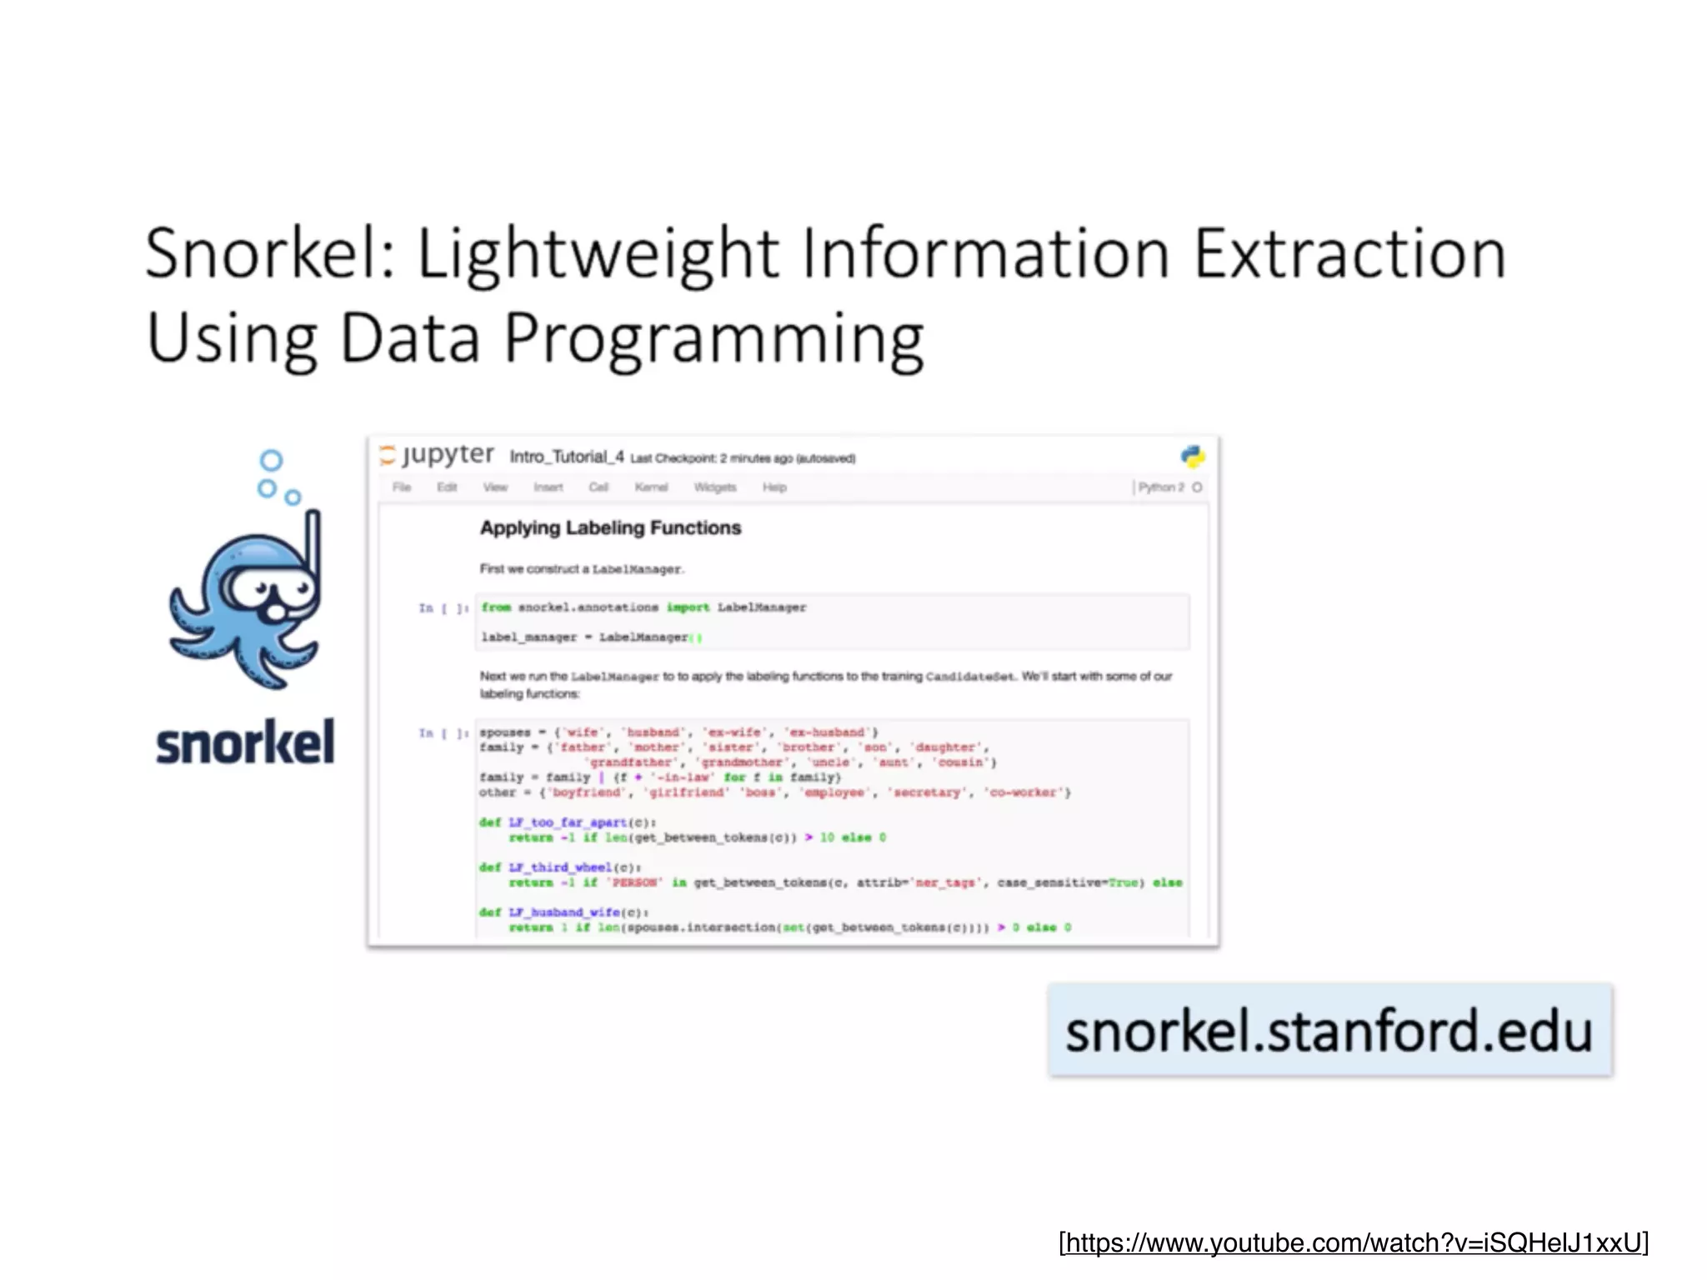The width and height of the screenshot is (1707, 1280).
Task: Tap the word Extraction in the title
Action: [x=1349, y=253]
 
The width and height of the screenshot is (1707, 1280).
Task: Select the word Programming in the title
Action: [x=714, y=339]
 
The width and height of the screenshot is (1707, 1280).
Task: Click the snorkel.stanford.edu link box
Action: [x=1329, y=1030]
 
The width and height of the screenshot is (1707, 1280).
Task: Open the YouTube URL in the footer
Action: [x=1354, y=1242]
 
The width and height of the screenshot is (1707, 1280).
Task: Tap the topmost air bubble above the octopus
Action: [x=271, y=460]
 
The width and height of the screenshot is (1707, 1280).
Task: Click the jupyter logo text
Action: [x=448, y=455]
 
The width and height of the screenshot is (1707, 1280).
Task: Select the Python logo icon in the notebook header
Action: [x=1193, y=456]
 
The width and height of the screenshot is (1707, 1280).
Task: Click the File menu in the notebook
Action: [x=402, y=487]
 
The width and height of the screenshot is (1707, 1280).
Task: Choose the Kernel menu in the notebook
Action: [x=651, y=487]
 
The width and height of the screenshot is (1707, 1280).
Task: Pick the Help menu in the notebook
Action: [x=774, y=487]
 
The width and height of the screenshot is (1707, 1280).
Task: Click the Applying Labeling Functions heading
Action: [x=610, y=527]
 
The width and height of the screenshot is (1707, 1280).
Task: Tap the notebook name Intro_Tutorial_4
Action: [x=567, y=457]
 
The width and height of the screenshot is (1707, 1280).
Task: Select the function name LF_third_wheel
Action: [x=560, y=867]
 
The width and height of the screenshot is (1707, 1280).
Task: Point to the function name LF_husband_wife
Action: [x=564, y=912]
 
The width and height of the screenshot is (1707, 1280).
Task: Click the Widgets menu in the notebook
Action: [x=715, y=487]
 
